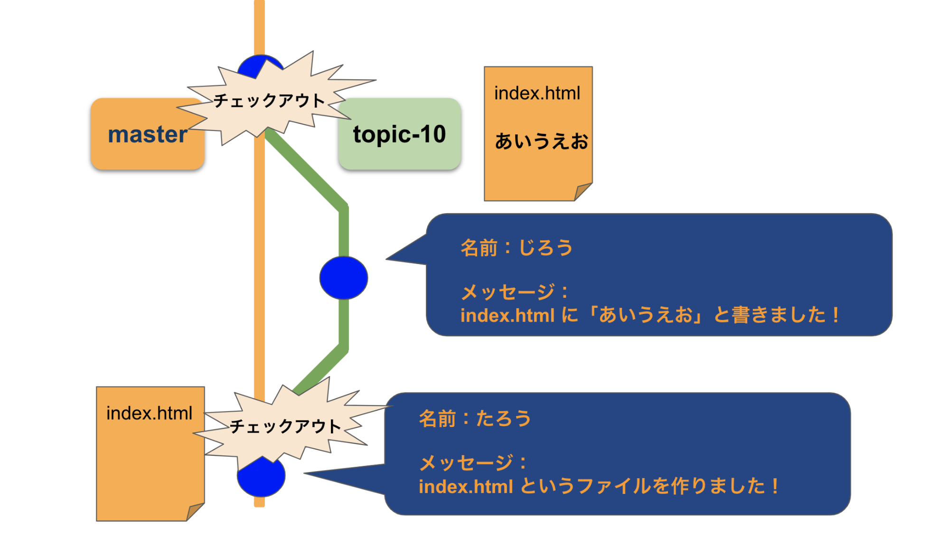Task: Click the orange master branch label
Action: pos(147,134)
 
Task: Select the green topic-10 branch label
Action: pos(399,134)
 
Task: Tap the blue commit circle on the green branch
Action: pos(344,278)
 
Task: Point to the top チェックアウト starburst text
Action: pos(269,101)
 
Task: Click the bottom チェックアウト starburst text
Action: pos(285,426)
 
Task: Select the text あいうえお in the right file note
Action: pos(541,141)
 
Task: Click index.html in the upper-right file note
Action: pos(537,93)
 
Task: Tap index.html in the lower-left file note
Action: pos(149,413)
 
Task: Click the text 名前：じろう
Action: pos(517,247)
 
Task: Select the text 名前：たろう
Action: pos(475,418)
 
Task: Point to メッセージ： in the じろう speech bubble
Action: pos(515,292)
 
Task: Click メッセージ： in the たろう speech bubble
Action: pos(473,463)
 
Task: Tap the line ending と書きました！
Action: pos(650,315)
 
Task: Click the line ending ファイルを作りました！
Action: pos(598,486)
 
